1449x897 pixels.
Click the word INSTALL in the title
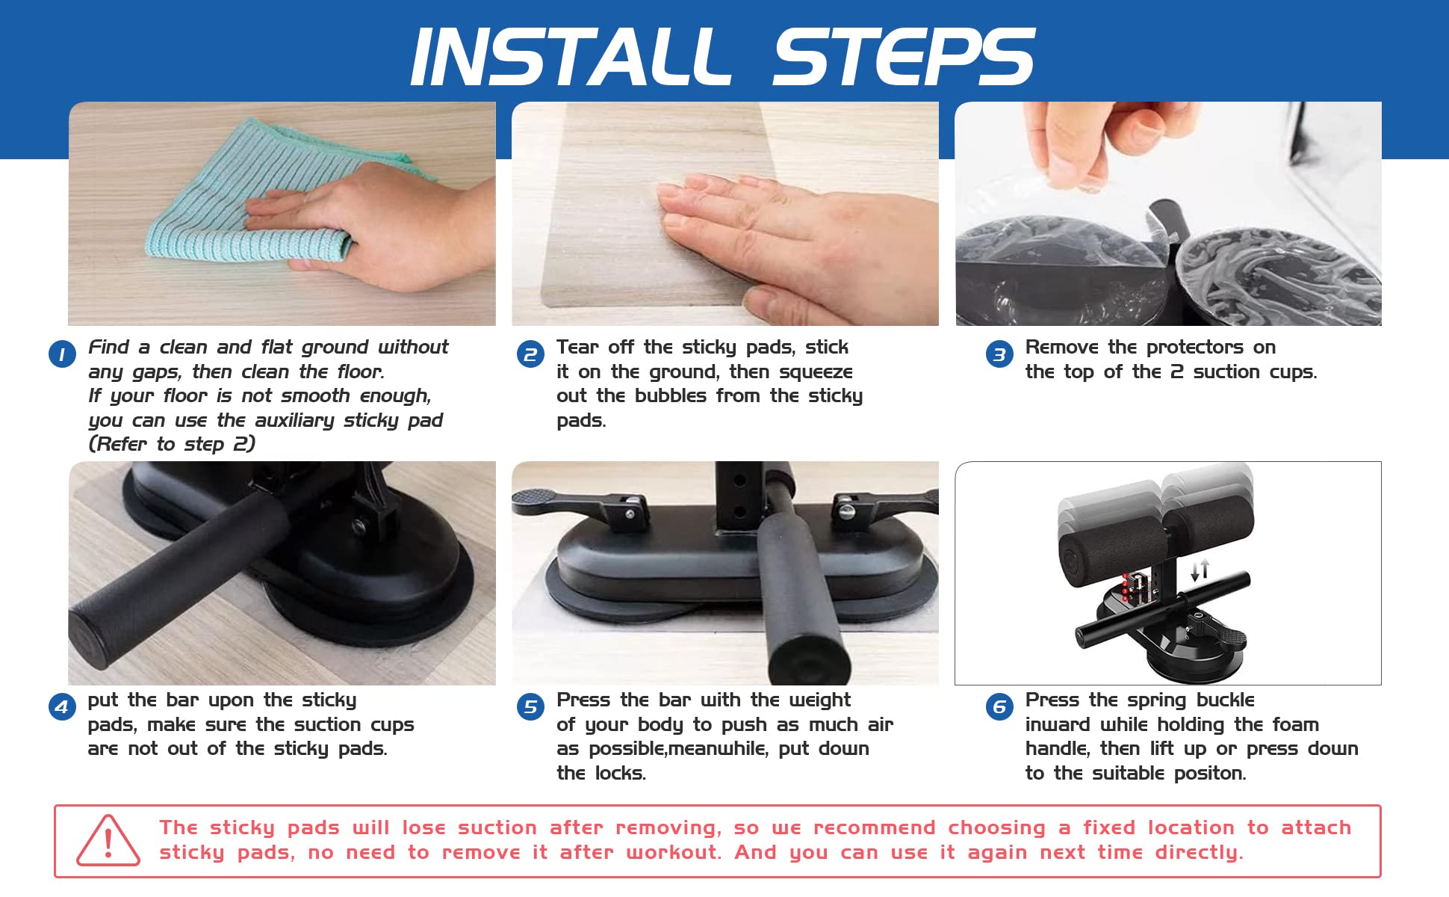click(571, 57)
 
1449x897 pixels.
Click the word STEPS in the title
click(903, 57)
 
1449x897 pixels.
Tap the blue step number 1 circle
click(62, 354)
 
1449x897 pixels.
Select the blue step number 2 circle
click(530, 354)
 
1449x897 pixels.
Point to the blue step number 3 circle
click(999, 354)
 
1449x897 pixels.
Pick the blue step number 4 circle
click(62, 706)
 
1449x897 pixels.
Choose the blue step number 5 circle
click(530, 706)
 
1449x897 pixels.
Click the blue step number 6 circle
click(999, 706)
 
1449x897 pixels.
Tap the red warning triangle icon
click(108, 841)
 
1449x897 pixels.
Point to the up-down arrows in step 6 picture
click(1200, 570)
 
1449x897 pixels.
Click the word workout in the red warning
click(674, 852)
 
